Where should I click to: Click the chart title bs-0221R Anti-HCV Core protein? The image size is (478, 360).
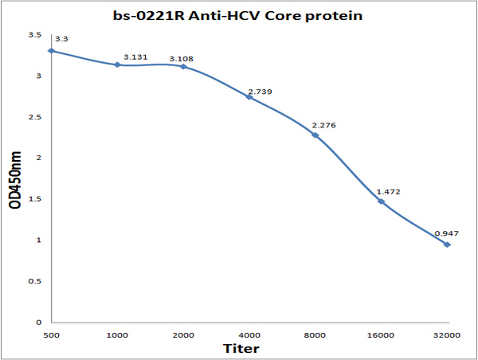tap(237, 16)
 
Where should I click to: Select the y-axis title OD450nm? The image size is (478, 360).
tap(15, 180)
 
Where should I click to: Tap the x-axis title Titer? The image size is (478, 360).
tap(241, 348)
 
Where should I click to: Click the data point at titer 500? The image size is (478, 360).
tap(52, 51)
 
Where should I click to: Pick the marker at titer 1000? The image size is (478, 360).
tap(117, 65)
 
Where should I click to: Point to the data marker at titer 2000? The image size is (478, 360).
tap(183, 66)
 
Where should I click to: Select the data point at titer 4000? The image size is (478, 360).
tap(249, 97)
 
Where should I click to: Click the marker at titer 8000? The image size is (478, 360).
tap(315, 135)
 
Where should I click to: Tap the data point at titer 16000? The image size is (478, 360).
tap(381, 202)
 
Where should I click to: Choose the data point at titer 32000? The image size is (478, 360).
tap(447, 245)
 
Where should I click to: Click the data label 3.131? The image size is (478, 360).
tap(135, 57)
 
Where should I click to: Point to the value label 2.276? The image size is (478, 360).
tap(323, 125)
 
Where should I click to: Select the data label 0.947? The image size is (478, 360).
tap(447, 233)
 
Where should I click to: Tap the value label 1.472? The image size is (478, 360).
tap(389, 192)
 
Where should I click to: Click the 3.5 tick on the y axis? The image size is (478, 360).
tap(35, 35)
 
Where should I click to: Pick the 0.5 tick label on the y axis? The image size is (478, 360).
tap(35, 281)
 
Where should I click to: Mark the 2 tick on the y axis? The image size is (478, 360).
tap(39, 158)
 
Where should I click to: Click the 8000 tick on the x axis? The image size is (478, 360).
tap(315, 335)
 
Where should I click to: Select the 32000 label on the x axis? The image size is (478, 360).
tap(447, 335)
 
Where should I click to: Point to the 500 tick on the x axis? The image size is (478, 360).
tap(52, 335)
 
